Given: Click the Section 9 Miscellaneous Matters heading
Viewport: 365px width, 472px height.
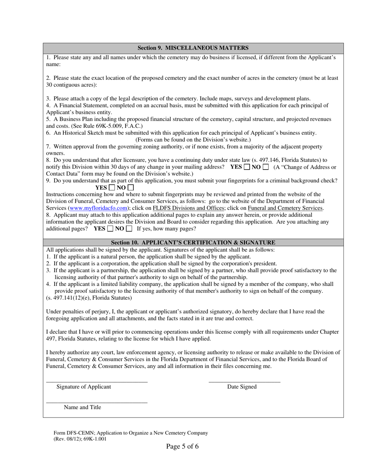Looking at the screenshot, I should pos(193,48).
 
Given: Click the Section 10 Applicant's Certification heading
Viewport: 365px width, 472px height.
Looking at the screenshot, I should pos(193,243).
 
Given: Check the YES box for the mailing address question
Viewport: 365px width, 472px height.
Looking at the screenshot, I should pos(247,167).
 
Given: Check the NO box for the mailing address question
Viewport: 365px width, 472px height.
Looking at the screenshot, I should pos(265,167).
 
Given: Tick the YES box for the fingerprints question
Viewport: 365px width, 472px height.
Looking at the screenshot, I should pos(112,188).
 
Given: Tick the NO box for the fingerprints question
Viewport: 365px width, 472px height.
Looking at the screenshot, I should pos(131,188).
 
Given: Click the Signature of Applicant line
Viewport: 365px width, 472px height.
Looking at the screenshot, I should pos(97,381).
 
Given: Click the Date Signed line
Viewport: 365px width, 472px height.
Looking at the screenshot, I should pos(244,381).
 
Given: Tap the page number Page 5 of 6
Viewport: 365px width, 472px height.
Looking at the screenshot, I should pos(182,446).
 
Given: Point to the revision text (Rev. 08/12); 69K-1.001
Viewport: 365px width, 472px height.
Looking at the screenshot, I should pos(80,439).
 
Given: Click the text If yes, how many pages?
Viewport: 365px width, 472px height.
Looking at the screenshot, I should pos(166,229).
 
